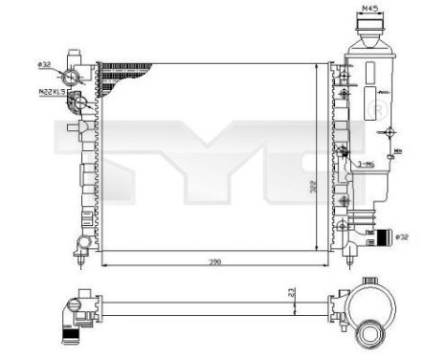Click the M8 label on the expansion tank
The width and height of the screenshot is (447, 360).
coord(395,148)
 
